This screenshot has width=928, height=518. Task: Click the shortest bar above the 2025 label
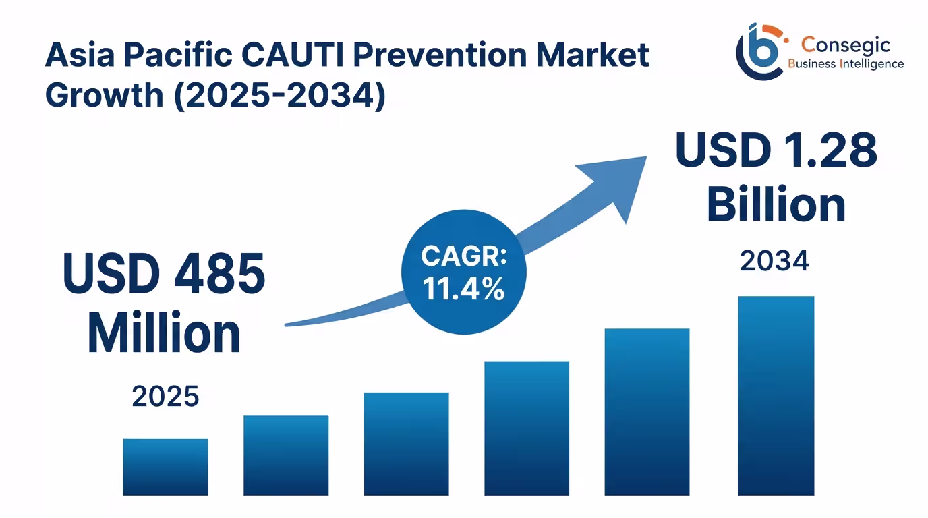(165, 467)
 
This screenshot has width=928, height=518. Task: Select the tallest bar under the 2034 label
(776, 395)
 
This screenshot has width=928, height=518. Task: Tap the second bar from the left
(286, 455)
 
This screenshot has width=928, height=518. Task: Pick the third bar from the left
(406, 444)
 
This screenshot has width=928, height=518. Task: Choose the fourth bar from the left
(527, 428)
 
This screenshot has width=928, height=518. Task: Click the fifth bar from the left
(647, 411)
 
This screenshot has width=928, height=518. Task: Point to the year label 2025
(165, 397)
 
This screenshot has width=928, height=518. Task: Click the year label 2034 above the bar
(774, 261)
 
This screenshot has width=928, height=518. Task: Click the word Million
(164, 333)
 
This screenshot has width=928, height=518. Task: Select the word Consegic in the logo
(846, 45)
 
